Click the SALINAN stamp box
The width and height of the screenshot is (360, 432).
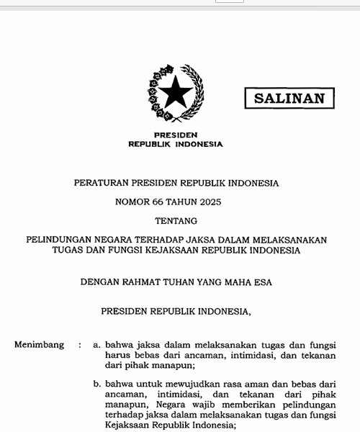click(289, 99)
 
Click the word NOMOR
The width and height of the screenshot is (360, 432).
click(132, 202)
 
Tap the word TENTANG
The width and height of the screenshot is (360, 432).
click(176, 221)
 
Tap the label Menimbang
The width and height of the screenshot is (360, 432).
click(39, 345)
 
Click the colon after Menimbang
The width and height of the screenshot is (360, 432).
click(80, 345)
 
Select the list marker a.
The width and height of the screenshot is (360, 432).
click(97, 345)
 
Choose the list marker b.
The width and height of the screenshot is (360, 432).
click(97, 384)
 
